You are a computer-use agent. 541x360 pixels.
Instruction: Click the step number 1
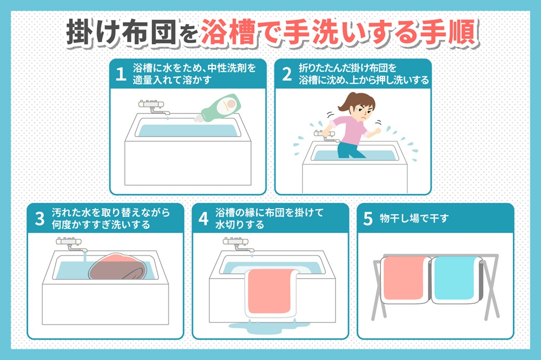point(121,74)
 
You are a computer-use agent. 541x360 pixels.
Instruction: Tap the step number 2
point(287,74)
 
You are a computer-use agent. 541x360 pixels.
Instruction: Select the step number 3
point(39,218)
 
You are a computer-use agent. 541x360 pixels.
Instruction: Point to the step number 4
point(203,218)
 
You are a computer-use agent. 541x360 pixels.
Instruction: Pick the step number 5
point(368,218)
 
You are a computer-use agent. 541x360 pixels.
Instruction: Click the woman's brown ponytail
point(347,101)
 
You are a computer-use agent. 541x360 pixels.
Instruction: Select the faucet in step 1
point(154,108)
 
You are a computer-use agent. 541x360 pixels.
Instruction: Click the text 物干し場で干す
point(414,218)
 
